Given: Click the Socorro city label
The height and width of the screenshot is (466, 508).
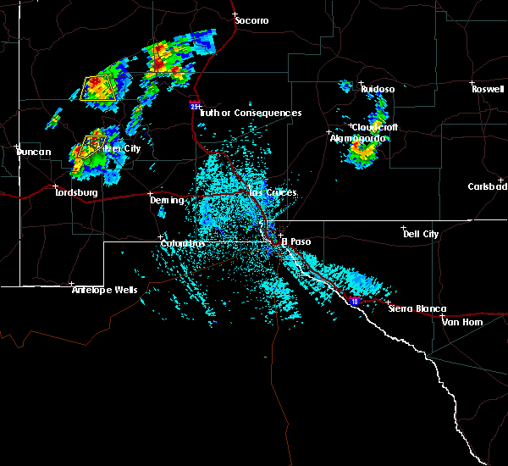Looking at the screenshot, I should pos(251,19).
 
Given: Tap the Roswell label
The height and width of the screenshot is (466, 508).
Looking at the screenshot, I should pos(489,88).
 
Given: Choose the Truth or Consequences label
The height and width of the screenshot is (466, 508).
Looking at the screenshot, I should pos(251,113).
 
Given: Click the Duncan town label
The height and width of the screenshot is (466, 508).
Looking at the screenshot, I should pos(35,153).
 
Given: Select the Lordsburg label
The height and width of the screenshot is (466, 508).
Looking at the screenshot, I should pos(77,193).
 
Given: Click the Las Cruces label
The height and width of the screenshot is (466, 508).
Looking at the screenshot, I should pos(273,193).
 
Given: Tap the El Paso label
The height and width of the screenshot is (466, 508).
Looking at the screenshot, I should pos(296,241).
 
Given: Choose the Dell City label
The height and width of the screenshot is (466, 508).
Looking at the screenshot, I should pos(421,234).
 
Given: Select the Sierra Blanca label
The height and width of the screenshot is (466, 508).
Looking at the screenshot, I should pos(417,309).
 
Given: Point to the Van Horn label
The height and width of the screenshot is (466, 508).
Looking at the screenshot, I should pos(461,322).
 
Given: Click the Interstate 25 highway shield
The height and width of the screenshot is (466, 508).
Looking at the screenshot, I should pos(194,106).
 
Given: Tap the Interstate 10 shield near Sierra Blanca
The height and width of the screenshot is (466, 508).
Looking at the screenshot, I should pos(354,300).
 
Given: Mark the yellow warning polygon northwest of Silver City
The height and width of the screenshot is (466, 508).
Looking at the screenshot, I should pos(99,87).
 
